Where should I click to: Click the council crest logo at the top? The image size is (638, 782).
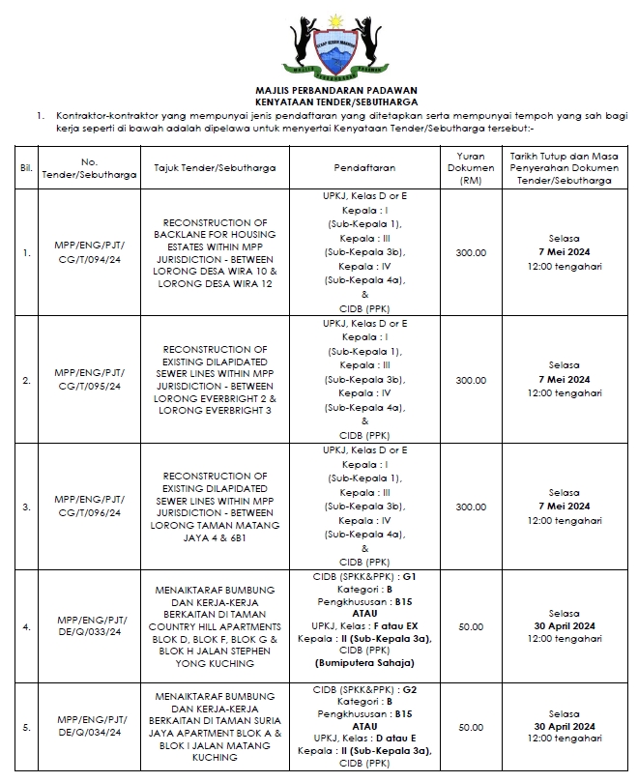[326, 43]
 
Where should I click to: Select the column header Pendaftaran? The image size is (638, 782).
[364, 167]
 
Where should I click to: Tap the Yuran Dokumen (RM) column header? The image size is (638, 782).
[471, 167]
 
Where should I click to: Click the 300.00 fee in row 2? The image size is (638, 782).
[471, 380]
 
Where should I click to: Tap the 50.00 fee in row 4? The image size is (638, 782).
[471, 625]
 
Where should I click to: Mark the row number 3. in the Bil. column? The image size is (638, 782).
[26, 507]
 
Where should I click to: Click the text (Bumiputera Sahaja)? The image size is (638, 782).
[364, 663]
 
